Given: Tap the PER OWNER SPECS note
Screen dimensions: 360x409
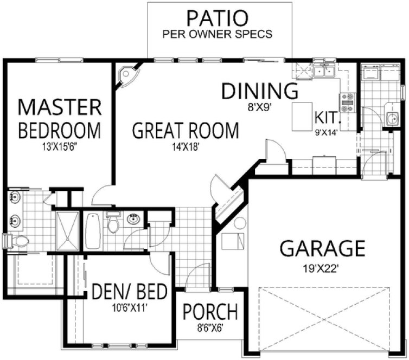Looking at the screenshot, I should tap(218, 34).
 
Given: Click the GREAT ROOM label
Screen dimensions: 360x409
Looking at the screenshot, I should tap(186, 131).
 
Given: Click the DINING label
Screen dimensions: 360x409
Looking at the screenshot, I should tap(260, 92).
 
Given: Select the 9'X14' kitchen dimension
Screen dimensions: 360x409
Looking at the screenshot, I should tap(325, 131).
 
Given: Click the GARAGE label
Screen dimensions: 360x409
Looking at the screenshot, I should tap(322, 249).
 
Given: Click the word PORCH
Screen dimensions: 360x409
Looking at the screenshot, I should tap(209, 312).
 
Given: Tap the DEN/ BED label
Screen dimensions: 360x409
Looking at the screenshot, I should tap(129, 292).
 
